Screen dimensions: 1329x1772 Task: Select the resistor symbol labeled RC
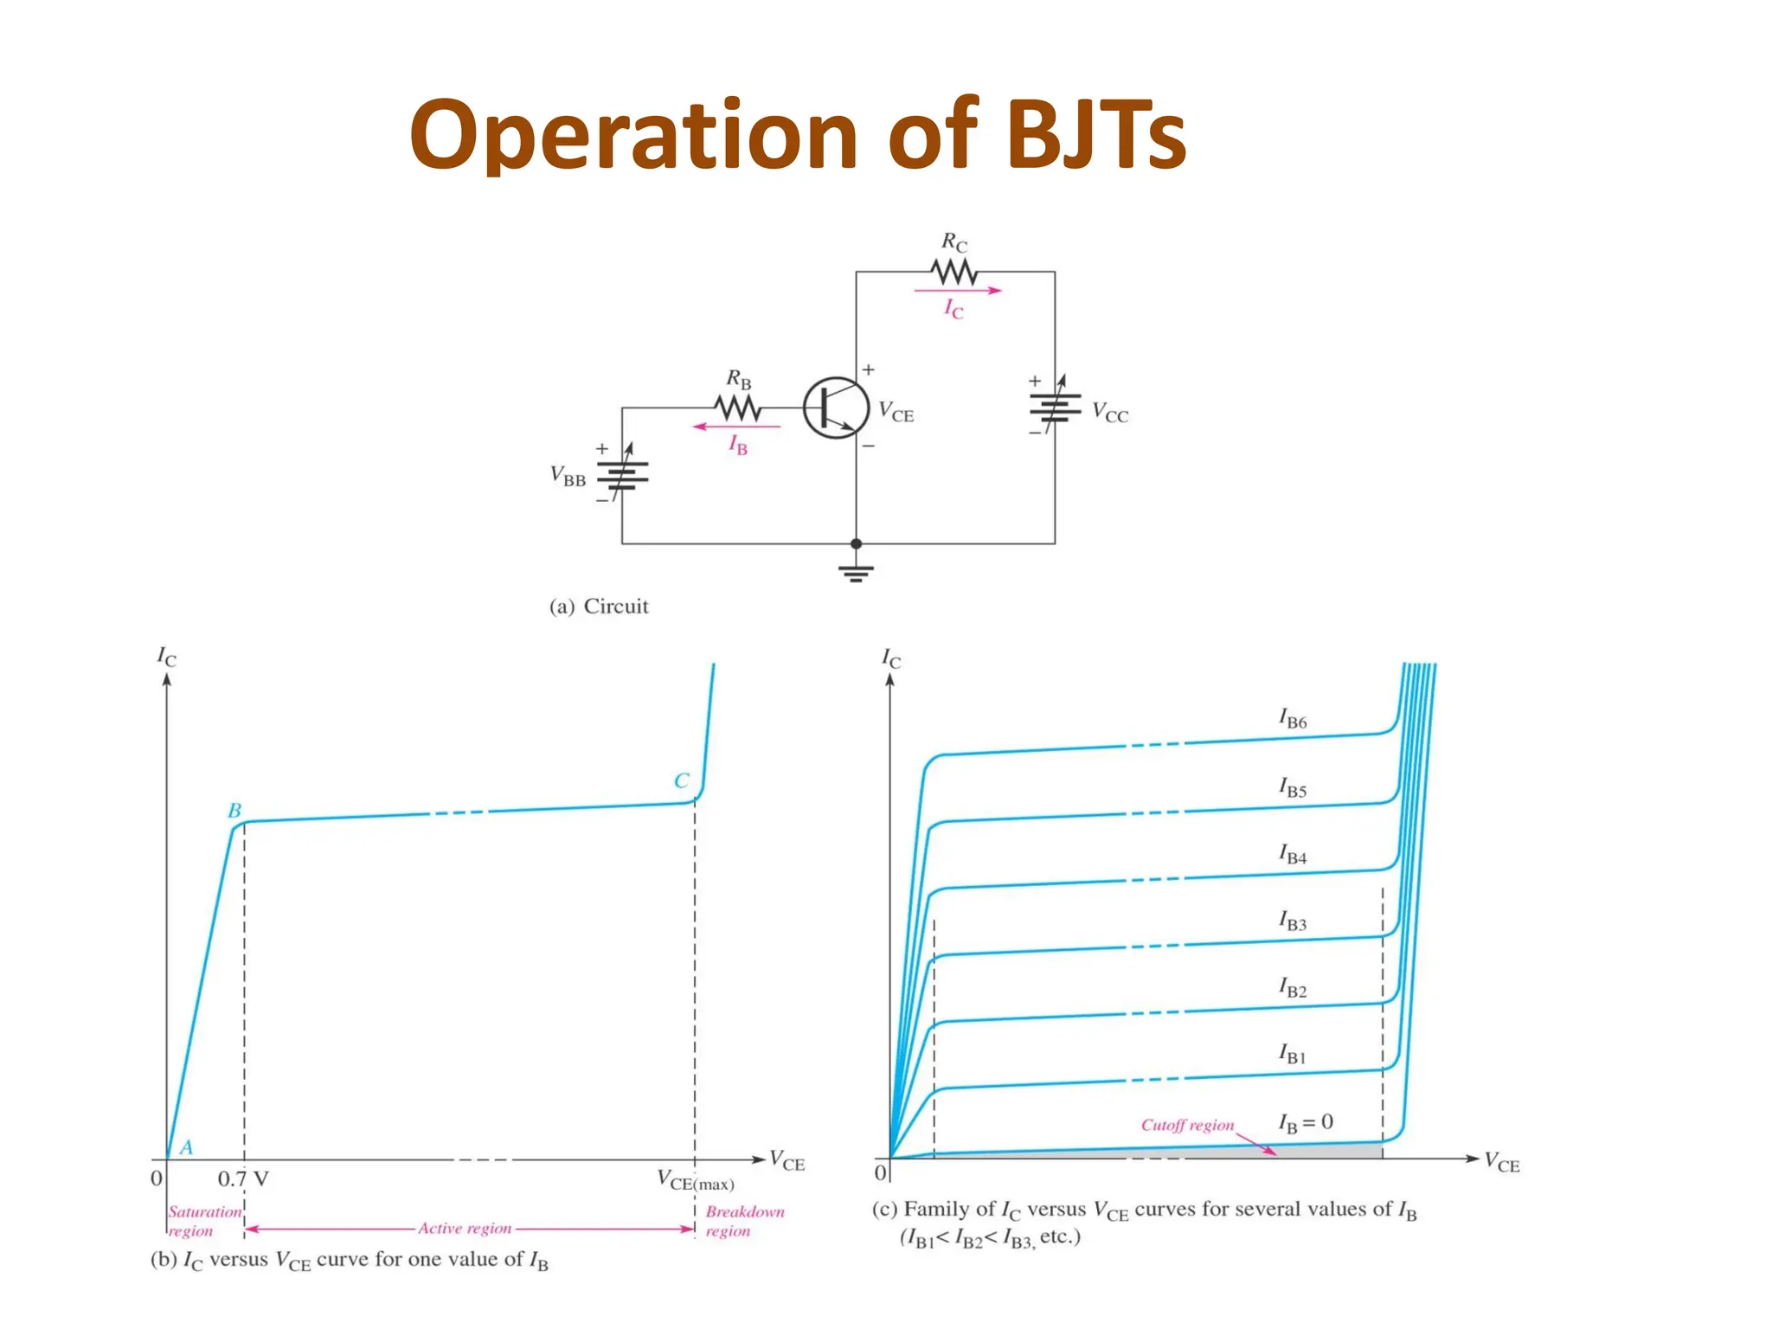pyautogui.click(x=954, y=273)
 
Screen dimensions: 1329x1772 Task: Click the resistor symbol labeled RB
pyautogui.click(x=737, y=408)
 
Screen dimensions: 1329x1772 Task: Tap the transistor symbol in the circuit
pyautogui.click(x=835, y=408)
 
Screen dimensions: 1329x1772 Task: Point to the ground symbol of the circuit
pyautogui.click(x=856, y=573)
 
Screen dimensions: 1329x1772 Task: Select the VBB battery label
pyautogui.click(x=568, y=476)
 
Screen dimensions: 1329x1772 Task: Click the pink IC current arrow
pyautogui.click(x=957, y=291)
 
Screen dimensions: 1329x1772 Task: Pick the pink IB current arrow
pyautogui.click(x=736, y=427)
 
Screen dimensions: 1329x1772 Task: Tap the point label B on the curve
pyautogui.click(x=234, y=811)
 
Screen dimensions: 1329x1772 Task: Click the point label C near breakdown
pyautogui.click(x=681, y=780)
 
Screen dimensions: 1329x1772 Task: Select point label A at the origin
pyautogui.click(x=186, y=1147)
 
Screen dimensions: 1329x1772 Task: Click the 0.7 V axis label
pyautogui.click(x=242, y=1178)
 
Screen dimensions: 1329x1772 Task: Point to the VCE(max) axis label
pyautogui.click(x=695, y=1180)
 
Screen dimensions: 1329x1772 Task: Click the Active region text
pyautogui.click(x=465, y=1228)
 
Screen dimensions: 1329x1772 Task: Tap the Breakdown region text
pyautogui.click(x=744, y=1221)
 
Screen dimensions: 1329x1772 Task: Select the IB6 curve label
pyautogui.click(x=1293, y=718)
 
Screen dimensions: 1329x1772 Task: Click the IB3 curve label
pyautogui.click(x=1293, y=921)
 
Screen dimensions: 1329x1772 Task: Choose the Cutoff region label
pyautogui.click(x=1187, y=1125)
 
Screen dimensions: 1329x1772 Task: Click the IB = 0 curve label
pyautogui.click(x=1306, y=1123)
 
